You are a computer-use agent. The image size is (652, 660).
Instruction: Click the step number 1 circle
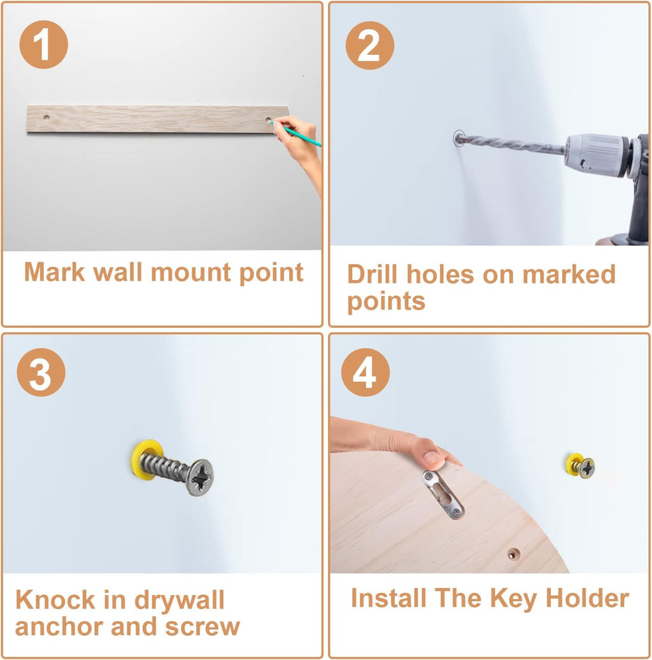[x=43, y=45]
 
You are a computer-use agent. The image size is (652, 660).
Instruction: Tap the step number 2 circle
[x=370, y=45]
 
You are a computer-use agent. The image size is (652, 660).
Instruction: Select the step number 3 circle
[x=41, y=372]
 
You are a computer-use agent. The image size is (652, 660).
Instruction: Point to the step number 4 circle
[x=365, y=372]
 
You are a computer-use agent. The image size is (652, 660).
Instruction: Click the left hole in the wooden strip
[x=46, y=117]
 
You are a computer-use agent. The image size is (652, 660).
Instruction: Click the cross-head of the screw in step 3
[x=200, y=477]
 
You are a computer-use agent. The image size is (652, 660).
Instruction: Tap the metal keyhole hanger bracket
[x=443, y=495]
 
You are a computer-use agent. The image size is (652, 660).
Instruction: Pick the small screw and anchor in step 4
[x=581, y=465]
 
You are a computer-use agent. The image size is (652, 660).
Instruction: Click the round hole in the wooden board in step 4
[x=513, y=554]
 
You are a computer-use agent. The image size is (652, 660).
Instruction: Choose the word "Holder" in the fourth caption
[x=587, y=598]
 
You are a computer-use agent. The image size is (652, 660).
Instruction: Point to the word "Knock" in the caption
[x=55, y=600]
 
